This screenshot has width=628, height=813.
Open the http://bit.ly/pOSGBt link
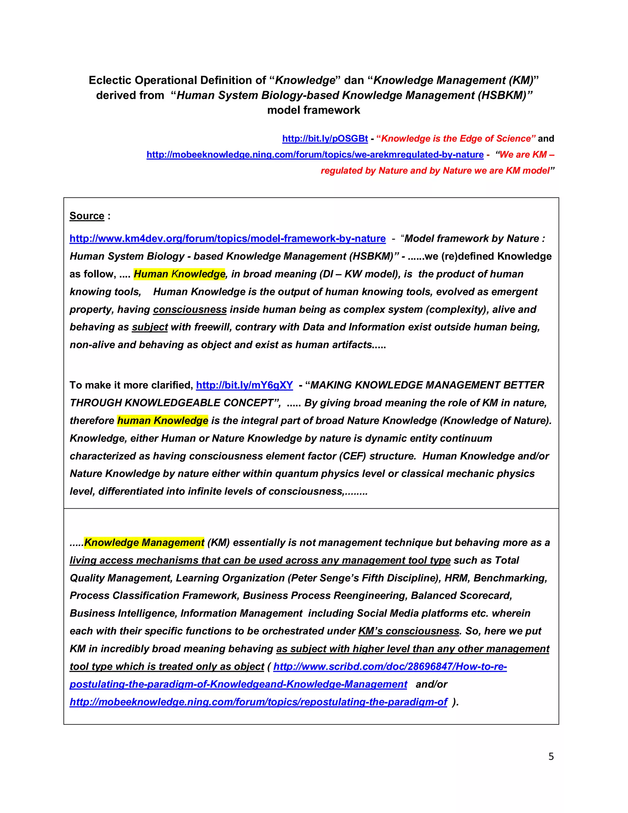pos(325,139)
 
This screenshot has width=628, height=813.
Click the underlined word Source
pos(87,216)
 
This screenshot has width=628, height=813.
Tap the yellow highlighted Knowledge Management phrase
pos(144,542)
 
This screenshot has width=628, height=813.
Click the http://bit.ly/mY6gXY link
pos(244,385)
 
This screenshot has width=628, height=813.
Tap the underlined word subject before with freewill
pos(150,327)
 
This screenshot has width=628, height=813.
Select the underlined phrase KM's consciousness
pos(408,631)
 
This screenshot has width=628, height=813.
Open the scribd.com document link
pos(390,666)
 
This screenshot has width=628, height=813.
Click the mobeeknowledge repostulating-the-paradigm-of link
pos(258,702)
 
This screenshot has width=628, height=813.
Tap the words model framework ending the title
pos(313,110)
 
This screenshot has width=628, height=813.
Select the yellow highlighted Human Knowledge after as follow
pos(179,274)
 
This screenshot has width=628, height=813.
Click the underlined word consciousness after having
pos(190,310)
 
